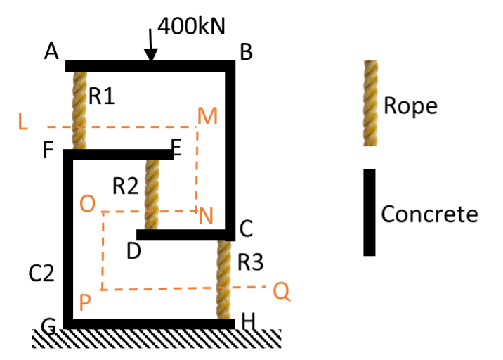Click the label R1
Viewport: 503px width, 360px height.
pos(101,96)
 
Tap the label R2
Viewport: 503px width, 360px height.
pos(125,186)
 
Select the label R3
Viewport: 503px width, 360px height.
pos(250,262)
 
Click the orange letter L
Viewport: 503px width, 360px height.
pos(23,122)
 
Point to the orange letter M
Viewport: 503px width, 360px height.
pos(208,117)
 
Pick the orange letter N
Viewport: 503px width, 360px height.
pos(206,217)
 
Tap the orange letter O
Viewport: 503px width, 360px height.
pos(88,204)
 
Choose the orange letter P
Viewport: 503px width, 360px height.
pos(85,303)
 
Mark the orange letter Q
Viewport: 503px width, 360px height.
pos(282,291)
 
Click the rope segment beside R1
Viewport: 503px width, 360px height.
pos(79,109)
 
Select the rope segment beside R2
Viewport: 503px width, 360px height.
pos(152,193)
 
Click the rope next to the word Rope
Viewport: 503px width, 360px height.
pos(370,103)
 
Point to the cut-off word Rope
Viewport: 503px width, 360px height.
pos(405,105)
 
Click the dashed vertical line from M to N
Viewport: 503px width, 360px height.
pos(197,169)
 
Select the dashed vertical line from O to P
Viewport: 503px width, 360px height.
pos(103,250)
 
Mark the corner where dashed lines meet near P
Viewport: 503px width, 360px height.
pos(103,289)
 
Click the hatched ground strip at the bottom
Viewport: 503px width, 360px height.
pos(157,338)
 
